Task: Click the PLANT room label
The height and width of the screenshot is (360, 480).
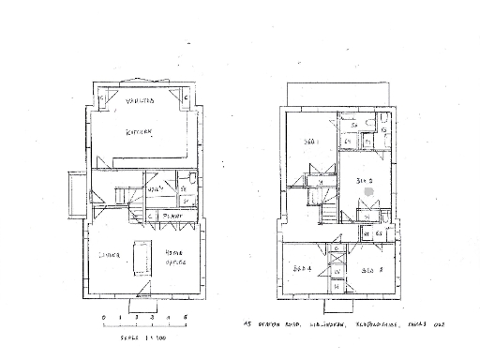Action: click(170, 216)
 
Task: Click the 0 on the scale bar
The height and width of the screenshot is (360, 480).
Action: click(104, 319)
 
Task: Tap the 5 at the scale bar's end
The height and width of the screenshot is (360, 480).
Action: click(187, 319)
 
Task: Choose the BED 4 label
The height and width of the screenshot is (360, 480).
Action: click(302, 270)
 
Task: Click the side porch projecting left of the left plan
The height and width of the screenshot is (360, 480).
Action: click(75, 194)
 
